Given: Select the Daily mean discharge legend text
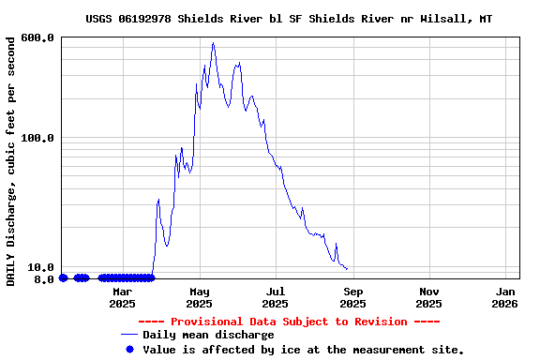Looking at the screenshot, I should click(x=208, y=335).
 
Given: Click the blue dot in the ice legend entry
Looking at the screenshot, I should click(x=129, y=349).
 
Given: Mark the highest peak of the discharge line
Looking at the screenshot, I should click(x=213, y=42).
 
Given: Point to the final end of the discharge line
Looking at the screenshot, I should click(x=348, y=269).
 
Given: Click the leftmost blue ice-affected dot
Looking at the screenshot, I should click(x=63, y=277).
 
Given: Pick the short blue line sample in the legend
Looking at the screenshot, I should click(x=129, y=335).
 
